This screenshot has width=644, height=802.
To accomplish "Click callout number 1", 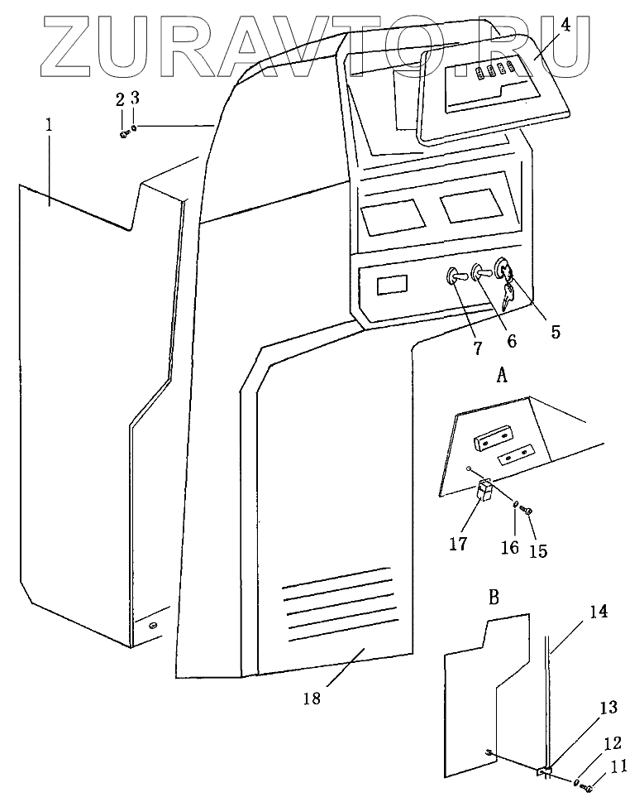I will (x=50, y=126).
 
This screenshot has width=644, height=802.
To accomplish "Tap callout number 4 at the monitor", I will (x=565, y=25).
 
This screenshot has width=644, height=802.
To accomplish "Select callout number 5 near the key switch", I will (x=555, y=332).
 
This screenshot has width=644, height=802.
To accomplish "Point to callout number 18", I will (x=311, y=698).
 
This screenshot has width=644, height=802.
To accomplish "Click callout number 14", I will (x=599, y=612).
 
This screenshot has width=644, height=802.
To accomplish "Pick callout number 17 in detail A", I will (x=458, y=544).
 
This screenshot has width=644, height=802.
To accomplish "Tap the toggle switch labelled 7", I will (x=455, y=276).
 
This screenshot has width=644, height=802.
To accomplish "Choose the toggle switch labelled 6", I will (x=480, y=271).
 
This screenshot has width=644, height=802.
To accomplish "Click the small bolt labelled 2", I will (x=124, y=133).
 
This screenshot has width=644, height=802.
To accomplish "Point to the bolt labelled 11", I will (x=589, y=790).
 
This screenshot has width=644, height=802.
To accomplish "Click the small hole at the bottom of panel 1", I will (x=153, y=627).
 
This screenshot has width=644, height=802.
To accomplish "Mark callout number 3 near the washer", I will (x=136, y=98).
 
